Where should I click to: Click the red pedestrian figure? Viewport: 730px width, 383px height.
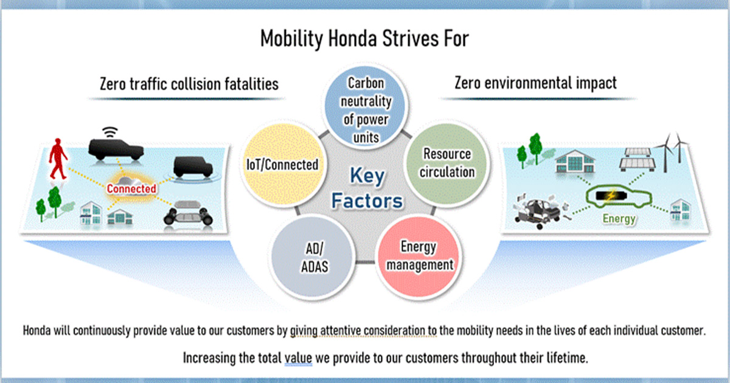tap(58, 159)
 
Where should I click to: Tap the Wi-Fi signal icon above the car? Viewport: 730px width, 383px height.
tap(110, 133)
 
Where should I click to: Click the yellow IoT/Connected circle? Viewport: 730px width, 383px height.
tap(283, 165)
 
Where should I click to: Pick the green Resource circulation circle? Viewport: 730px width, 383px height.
tap(447, 163)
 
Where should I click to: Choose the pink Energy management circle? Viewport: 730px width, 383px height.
tap(419, 257)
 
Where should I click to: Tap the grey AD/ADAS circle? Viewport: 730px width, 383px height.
tap(313, 257)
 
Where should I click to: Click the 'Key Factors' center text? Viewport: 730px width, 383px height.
tap(367, 188)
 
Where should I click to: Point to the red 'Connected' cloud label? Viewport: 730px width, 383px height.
tap(131, 188)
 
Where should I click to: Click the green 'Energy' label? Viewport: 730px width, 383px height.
tap(619, 218)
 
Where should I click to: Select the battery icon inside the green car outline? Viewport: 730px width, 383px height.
tap(611, 196)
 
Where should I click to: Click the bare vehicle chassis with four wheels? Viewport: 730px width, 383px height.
tap(189, 213)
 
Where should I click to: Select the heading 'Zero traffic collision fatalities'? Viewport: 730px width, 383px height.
tap(189, 84)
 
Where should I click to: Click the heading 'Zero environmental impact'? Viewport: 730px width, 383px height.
tap(535, 83)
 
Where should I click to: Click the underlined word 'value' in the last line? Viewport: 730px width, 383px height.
tap(298, 358)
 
